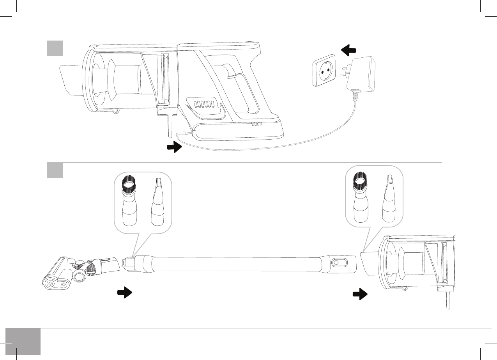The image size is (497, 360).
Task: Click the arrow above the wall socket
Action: pyautogui.click(x=348, y=50)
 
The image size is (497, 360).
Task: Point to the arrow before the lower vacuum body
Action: pyautogui.click(x=360, y=294)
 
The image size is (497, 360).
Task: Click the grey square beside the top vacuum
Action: pyautogui.click(x=55, y=48)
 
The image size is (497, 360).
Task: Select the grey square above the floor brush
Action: pyautogui.click(x=55, y=170)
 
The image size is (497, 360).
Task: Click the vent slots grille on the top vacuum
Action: pyautogui.click(x=204, y=104)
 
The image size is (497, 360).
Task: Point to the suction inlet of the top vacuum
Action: pyautogui.click(x=70, y=80)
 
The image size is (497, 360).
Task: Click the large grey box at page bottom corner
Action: pyautogui.click(x=23, y=341)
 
